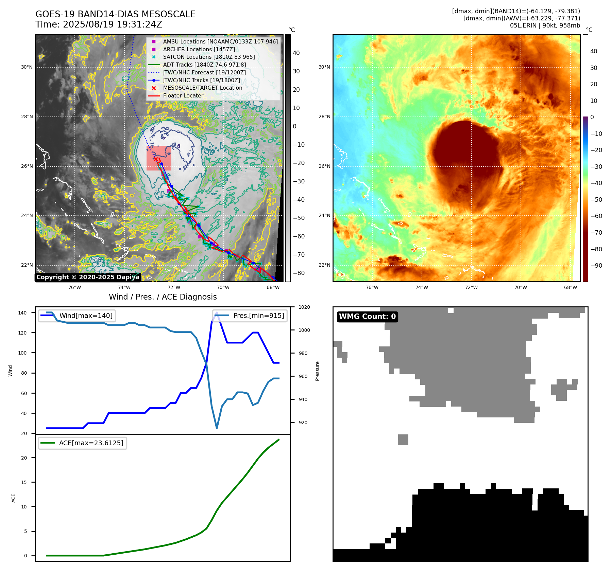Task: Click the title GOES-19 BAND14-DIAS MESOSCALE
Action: point(115,14)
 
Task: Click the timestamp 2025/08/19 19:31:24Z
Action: point(112,24)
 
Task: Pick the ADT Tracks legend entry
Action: point(204,65)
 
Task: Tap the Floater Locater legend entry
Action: point(183,95)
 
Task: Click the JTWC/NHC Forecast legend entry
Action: point(204,72)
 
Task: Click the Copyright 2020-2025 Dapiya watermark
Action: point(88,277)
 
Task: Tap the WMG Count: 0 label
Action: point(367,317)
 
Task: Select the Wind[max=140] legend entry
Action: point(86,316)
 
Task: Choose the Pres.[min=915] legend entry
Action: point(258,316)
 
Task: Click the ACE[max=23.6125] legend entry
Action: point(91,443)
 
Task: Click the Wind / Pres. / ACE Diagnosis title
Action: point(163,297)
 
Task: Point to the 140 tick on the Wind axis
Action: point(22,313)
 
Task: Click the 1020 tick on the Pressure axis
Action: point(304,307)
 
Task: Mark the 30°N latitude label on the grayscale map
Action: point(27,67)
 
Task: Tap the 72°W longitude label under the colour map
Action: point(471,287)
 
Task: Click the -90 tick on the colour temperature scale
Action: point(596,266)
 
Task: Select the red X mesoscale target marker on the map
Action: point(155,159)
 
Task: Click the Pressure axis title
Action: point(317,371)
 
